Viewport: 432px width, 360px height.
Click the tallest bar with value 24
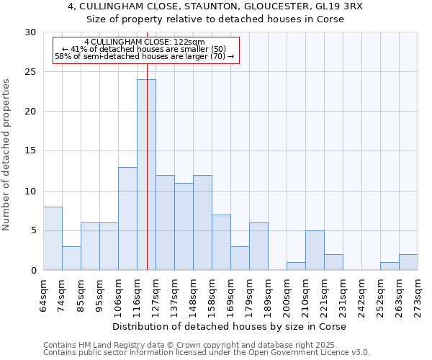(146, 175)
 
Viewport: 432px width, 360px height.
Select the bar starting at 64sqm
(53, 238)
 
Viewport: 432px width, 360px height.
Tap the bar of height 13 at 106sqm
(127, 219)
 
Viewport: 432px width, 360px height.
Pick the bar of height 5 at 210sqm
(315, 251)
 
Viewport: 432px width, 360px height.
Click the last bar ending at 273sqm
(408, 262)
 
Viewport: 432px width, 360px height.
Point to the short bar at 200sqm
(296, 266)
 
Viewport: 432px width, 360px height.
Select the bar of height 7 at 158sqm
(221, 243)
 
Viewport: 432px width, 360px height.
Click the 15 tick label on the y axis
(30, 151)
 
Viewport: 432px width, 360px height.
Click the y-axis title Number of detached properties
(7, 155)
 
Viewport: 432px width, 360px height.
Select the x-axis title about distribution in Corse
(230, 326)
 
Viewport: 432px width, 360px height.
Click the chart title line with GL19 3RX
(216, 6)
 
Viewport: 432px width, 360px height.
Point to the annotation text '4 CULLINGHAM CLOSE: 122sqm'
(145, 42)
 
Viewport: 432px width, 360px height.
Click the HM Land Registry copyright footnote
(180, 345)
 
